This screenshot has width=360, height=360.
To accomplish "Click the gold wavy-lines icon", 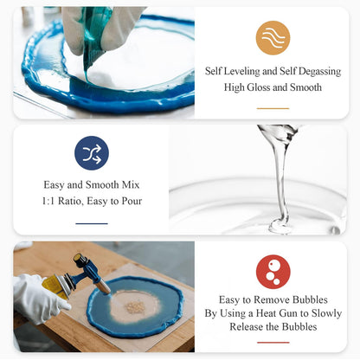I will tap(273, 37).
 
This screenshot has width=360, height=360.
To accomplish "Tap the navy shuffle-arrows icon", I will tap(92, 152).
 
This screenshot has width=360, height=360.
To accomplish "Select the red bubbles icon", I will tap(273, 271).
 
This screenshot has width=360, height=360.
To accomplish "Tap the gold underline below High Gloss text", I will tap(273, 108).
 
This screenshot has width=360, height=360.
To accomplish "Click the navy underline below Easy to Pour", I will tap(92, 223).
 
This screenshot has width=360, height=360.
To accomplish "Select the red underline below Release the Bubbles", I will tap(273, 343).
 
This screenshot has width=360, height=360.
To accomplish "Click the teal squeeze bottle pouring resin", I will tap(95, 35).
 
